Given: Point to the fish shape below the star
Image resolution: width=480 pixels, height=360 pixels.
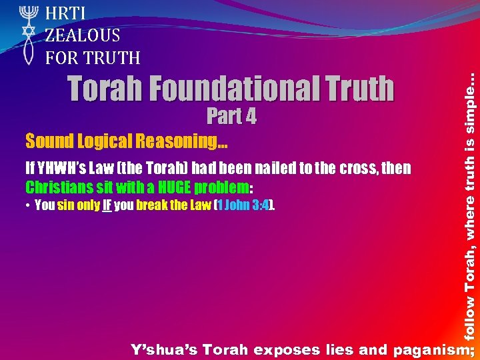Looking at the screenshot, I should click(x=29, y=52).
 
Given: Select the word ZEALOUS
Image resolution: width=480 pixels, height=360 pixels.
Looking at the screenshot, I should click(x=83, y=35).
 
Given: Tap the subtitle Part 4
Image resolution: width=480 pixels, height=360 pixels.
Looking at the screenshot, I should click(x=231, y=117).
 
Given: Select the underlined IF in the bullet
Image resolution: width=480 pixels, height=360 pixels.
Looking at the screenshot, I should click(x=106, y=205).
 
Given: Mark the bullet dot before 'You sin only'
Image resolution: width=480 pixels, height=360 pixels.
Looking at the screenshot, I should click(x=28, y=206).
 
